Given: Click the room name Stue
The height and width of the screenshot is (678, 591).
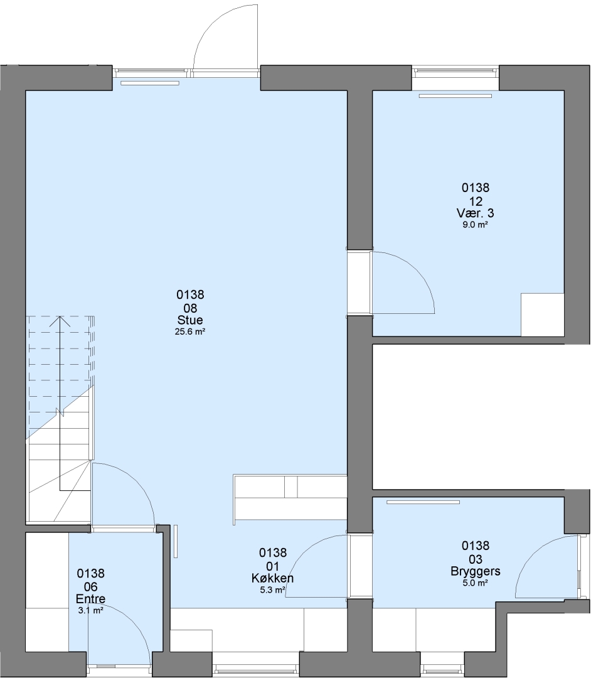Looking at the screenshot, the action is tap(190, 320).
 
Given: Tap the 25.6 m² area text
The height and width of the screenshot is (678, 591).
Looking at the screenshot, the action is tap(190, 332).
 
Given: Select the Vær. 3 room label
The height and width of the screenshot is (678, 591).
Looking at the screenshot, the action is tap(475, 213).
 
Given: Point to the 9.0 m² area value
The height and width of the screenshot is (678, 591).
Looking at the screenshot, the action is tap(475, 225).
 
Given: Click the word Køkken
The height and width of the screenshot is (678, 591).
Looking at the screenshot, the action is tap(273, 578).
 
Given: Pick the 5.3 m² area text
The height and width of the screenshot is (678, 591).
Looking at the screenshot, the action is tap(273, 589).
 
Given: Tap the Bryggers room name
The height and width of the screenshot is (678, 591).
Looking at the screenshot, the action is tap(475, 571).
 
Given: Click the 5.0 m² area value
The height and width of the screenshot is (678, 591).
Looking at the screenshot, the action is tap(475, 583).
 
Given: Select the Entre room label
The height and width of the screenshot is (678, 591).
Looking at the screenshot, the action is tap(91, 599).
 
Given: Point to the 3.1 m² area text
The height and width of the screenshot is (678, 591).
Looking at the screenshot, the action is tap(91, 611).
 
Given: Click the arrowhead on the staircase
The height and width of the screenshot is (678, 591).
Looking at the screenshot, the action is tap(60, 321).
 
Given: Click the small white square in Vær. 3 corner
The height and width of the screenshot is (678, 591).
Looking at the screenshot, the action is tap(543, 315).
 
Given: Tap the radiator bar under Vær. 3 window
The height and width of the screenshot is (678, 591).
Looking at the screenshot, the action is tap(455, 96).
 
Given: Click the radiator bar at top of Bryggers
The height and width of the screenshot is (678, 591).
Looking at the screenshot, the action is tap(423, 502).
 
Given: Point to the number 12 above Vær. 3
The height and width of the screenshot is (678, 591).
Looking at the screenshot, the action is tap(475, 201).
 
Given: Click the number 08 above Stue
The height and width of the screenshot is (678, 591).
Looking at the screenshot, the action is tap(190, 308).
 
